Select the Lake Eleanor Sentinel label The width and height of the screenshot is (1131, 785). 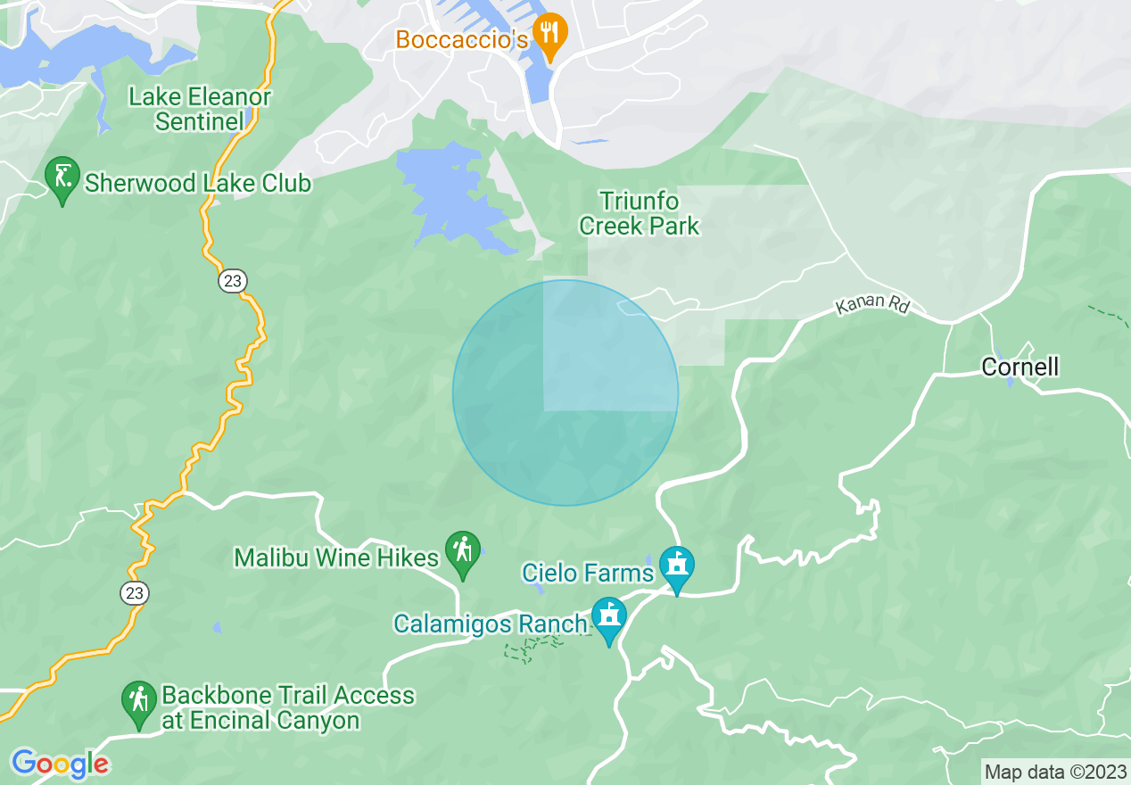pyautogui.click(x=199, y=109)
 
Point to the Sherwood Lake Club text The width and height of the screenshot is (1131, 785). pyautogui.click(x=198, y=184)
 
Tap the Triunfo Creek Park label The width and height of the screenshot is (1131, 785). pyautogui.click(x=640, y=213)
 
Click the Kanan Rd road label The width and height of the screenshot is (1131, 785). pyautogui.click(x=872, y=305)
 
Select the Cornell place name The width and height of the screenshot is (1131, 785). pyautogui.click(x=1020, y=367)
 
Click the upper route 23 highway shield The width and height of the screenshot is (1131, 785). pyautogui.click(x=233, y=281)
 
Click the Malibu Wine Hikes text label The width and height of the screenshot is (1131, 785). pyautogui.click(x=336, y=558)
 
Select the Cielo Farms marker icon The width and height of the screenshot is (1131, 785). pyautogui.click(x=677, y=566)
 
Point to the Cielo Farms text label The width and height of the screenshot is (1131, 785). pyautogui.click(x=588, y=571)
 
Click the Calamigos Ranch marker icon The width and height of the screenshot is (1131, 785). pyautogui.click(x=610, y=618)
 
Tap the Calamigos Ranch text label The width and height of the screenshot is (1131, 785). pyautogui.click(x=491, y=624)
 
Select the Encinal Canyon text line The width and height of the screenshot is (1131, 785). pyautogui.click(x=260, y=721)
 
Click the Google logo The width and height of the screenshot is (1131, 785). pyautogui.click(x=61, y=764)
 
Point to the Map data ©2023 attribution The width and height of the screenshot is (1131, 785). pyautogui.click(x=1055, y=772)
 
